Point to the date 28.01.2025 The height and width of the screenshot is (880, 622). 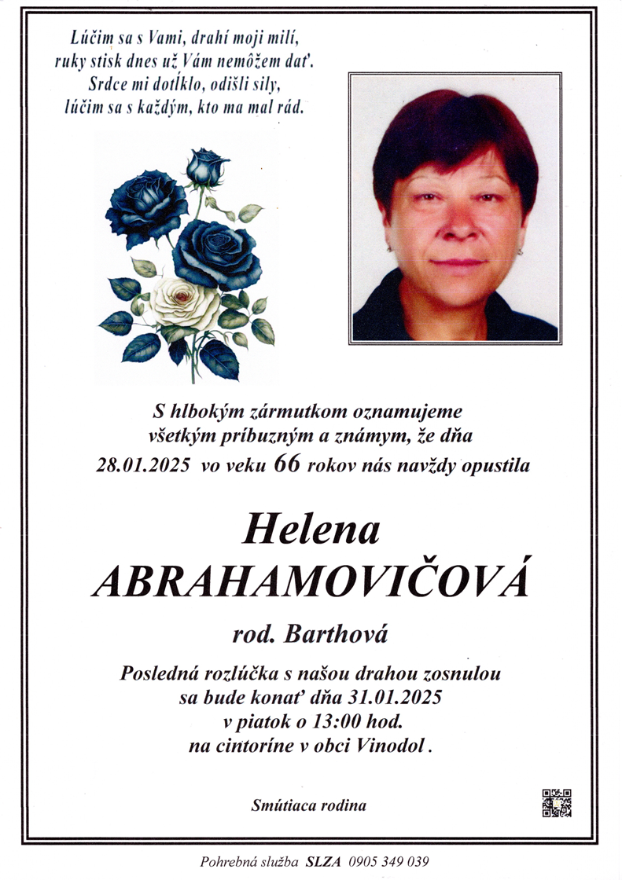(143, 465)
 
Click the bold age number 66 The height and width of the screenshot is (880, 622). (287, 464)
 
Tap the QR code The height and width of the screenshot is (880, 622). (557, 803)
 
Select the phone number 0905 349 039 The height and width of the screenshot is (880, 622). (385, 862)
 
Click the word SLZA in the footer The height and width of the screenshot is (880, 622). (325, 862)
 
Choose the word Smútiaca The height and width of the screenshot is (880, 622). (282, 805)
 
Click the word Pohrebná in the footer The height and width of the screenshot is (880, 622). (227, 862)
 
